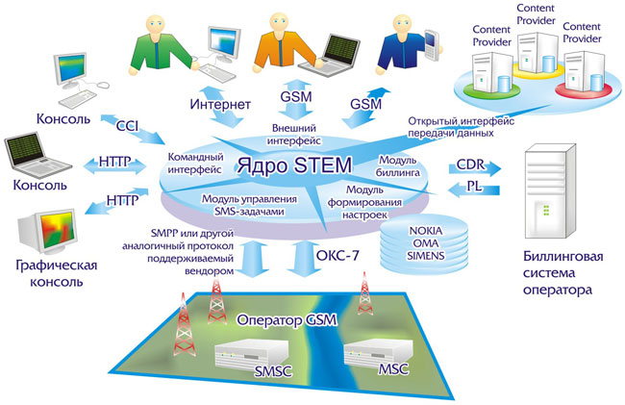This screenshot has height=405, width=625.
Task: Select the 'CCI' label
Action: pyautogui.click(x=128, y=125)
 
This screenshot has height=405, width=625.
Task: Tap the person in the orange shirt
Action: pyautogui.click(x=279, y=42)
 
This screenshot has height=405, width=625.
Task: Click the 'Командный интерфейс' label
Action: pyautogui.click(x=197, y=161)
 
